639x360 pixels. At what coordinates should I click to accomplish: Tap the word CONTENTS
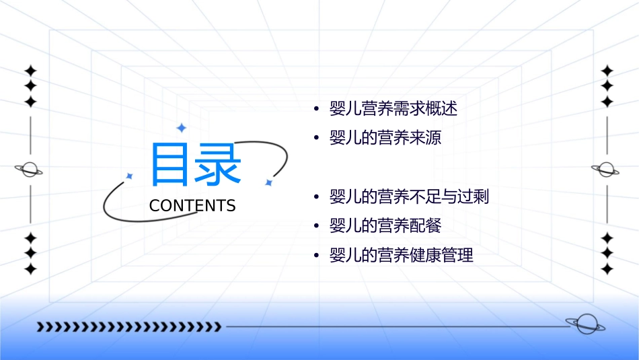(x=192, y=206)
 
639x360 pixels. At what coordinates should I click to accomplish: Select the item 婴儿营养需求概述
(x=393, y=108)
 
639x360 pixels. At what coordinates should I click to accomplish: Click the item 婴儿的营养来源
(x=385, y=138)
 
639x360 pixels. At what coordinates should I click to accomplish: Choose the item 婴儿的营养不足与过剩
(x=409, y=197)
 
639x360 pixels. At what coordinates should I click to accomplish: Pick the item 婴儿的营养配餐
(x=385, y=226)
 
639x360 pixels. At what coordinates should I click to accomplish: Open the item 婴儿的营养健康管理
(x=401, y=256)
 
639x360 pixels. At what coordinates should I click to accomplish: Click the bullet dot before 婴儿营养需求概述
(x=315, y=109)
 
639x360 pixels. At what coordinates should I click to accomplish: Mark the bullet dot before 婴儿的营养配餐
(x=315, y=227)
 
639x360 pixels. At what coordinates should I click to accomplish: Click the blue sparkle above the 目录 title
(x=180, y=128)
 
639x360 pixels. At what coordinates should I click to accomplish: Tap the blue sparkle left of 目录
(x=129, y=176)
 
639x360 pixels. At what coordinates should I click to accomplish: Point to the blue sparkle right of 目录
(x=268, y=182)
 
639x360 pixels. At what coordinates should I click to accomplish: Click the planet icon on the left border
(x=29, y=170)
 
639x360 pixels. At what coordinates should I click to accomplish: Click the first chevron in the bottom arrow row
(x=40, y=327)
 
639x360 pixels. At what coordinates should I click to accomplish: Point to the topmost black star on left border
(x=30, y=71)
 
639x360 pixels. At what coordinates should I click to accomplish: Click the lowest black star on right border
(x=607, y=269)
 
